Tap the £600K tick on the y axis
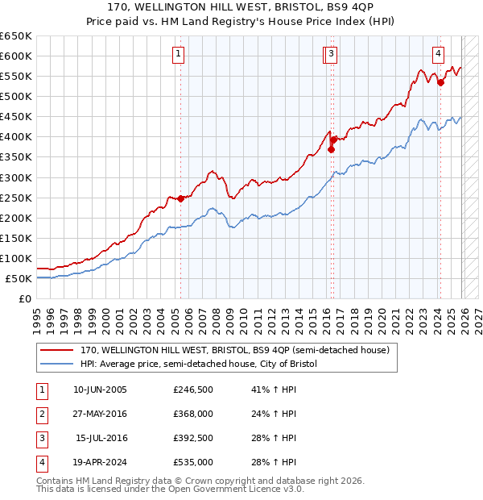pyautogui.click(x=16, y=56)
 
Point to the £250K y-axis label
pyautogui.click(x=16, y=198)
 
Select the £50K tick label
pyautogui.click(x=19, y=278)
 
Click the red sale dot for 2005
pyautogui.click(x=180, y=198)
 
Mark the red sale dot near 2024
pyautogui.click(x=440, y=81)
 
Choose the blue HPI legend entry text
pyautogui.click(x=199, y=365)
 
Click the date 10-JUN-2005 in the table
pyautogui.click(x=100, y=390)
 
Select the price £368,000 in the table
pyautogui.click(x=193, y=414)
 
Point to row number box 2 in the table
pyautogui.click(x=41, y=414)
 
